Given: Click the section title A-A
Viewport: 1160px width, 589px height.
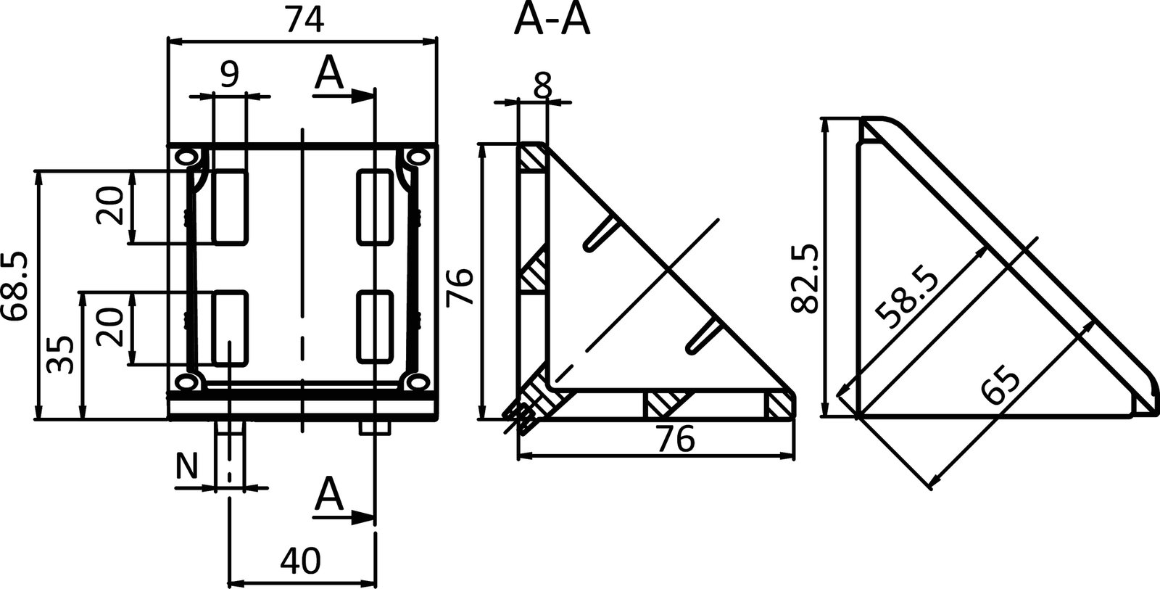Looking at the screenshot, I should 552,21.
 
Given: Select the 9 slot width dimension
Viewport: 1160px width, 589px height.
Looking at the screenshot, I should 229,75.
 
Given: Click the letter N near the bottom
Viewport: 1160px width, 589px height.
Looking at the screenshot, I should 187,467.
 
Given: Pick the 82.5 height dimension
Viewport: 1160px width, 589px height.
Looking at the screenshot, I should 805,279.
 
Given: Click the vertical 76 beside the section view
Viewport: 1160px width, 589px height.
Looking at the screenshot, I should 460,287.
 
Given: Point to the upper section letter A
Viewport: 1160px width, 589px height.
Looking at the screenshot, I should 329,73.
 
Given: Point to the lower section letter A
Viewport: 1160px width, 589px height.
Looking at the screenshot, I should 329,495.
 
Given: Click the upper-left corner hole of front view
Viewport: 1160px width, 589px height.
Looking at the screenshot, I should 186,156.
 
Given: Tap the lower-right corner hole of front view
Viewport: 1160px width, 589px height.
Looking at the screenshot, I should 415,382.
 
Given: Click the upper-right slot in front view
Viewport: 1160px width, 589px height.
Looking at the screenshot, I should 376,207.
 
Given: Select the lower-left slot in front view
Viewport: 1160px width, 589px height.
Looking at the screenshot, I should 230,327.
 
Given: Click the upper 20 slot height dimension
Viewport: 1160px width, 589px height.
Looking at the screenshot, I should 110,206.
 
